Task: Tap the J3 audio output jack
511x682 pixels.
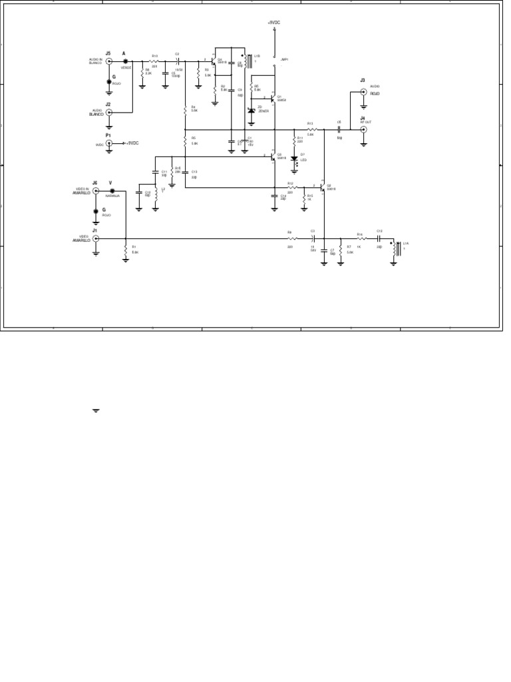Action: [x=363, y=93]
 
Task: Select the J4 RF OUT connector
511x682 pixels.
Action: [x=363, y=130]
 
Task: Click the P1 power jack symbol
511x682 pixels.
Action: [x=110, y=143]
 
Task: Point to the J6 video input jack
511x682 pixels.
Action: [x=96, y=190]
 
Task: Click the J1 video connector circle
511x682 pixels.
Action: [x=96, y=238]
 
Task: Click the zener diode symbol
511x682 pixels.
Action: [x=251, y=110]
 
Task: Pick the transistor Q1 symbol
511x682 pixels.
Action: [x=271, y=99]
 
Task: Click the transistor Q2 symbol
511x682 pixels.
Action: [x=322, y=187]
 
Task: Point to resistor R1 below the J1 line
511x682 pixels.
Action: [x=126, y=250]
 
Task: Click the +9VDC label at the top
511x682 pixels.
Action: [x=274, y=22]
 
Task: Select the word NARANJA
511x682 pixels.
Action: [x=112, y=196]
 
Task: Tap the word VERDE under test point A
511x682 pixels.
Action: [x=125, y=67]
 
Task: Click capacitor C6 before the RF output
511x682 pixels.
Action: [x=339, y=129]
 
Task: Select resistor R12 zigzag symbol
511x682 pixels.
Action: [x=290, y=187]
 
